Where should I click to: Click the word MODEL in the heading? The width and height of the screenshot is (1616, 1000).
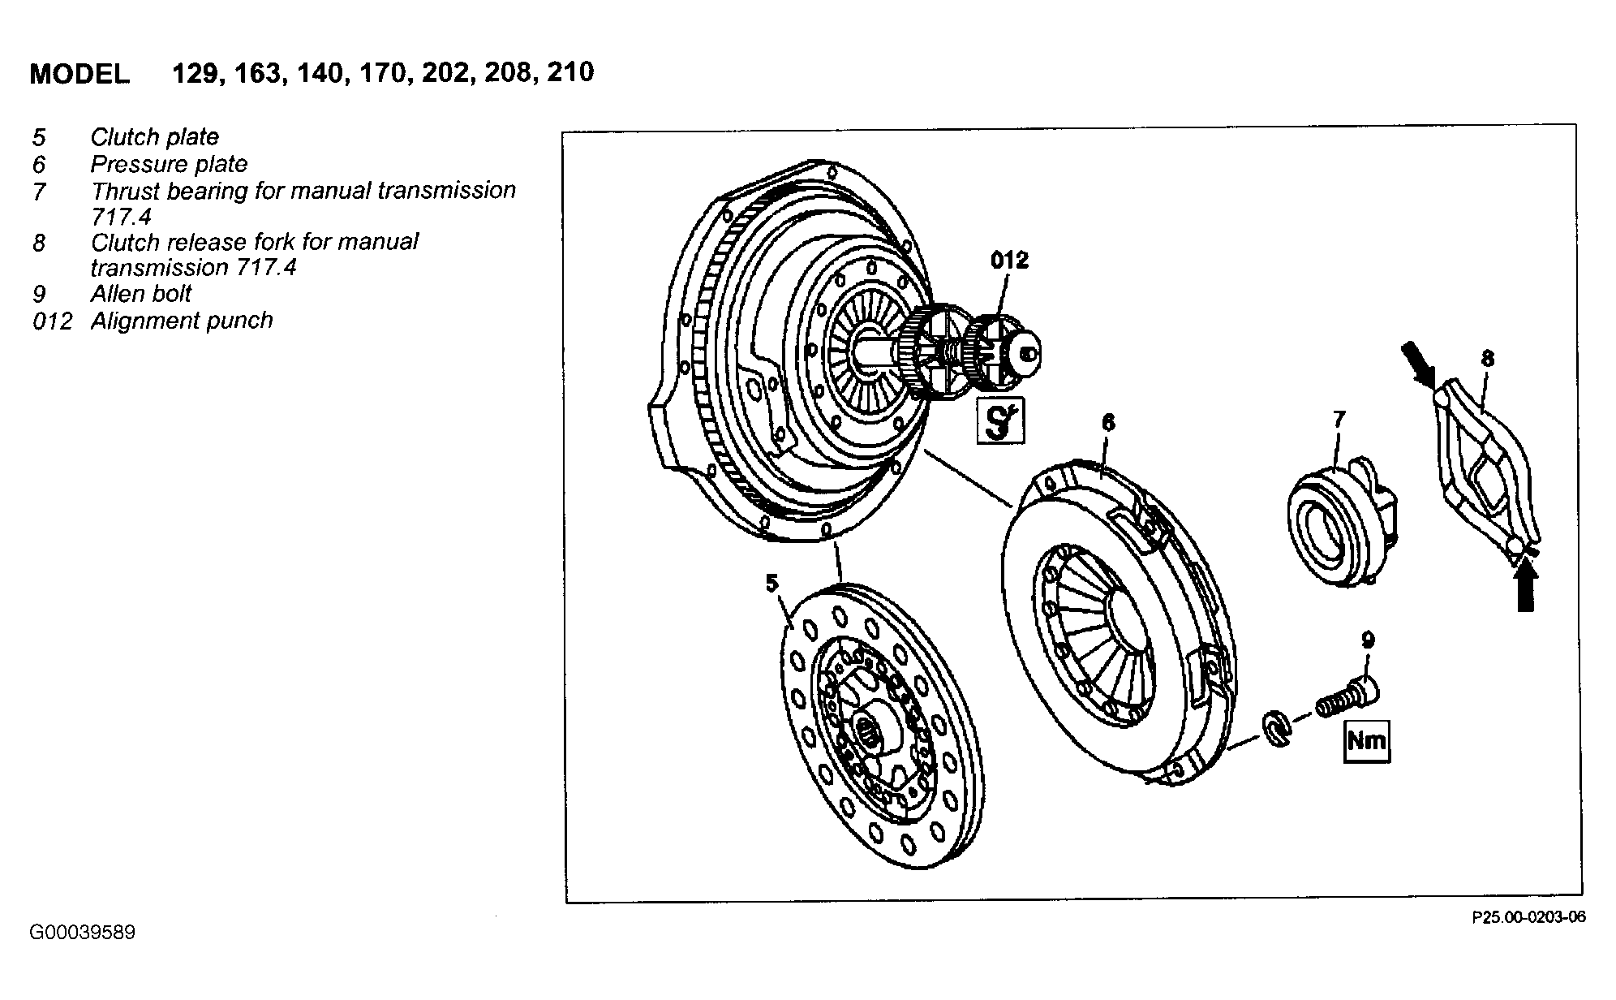[x=79, y=74]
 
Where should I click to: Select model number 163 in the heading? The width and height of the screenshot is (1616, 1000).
[x=260, y=73]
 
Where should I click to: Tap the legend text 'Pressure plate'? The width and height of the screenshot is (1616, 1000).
[x=169, y=164]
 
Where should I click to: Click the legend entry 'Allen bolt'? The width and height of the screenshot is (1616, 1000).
[x=141, y=294]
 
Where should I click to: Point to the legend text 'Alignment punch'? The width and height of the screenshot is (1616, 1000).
[x=182, y=321]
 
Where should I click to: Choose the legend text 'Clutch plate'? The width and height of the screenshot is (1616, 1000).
[x=154, y=137]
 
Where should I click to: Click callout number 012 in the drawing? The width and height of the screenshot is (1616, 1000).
[x=1009, y=260]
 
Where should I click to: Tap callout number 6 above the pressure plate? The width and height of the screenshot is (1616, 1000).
[x=1108, y=422]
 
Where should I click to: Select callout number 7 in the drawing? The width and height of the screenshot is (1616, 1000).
[x=1339, y=419]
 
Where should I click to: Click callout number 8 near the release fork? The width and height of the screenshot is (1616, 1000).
[x=1487, y=359]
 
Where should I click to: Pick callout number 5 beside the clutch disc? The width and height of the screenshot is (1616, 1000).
[x=771, y=583]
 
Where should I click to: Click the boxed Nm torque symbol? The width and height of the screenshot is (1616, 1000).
[x=1367, y=741]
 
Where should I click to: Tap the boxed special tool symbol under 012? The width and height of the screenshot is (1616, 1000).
[x=1000, y=420]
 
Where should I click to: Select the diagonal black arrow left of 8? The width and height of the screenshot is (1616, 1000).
[x=1419, y=363]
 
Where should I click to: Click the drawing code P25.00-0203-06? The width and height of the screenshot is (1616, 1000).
[x=1528, y=918]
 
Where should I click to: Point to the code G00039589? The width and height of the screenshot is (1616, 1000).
[x=83, y=933]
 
